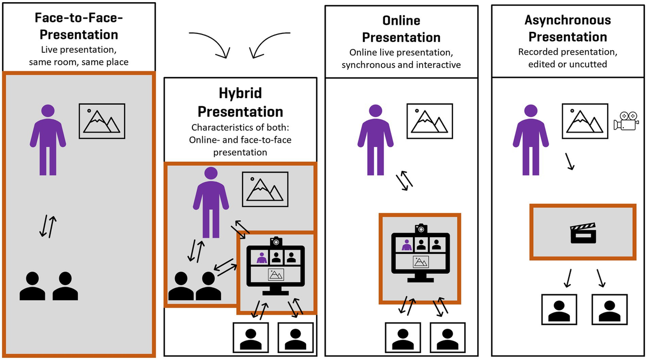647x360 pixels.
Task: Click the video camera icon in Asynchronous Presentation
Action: (x=626, y=120)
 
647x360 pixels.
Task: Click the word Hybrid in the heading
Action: (x=240, y=93)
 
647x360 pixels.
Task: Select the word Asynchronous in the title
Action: (x=568, y=20)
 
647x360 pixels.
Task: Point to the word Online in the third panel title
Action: (x=401, y=20)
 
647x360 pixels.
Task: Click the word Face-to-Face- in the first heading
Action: (x=79, y=18)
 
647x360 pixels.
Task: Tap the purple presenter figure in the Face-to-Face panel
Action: (x=48, y=139)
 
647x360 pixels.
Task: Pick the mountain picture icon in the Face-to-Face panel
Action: (x=102, y=119)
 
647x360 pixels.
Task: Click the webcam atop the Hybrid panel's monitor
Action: (x=276, y=241)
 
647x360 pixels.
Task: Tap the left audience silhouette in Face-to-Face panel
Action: (x=32, y=287)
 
